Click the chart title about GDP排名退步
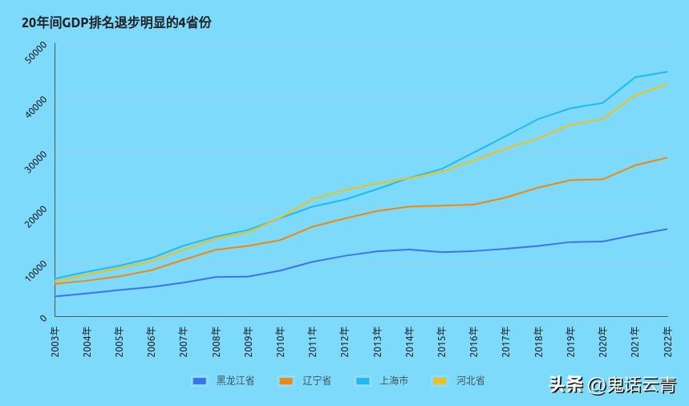[x=116, y=22]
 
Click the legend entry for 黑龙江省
[x=224, y=381]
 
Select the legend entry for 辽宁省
[x=306, y=381]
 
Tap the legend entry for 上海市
[x=383, y=381]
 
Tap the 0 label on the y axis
[x=43, y=319]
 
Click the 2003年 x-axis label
[x=55, y=342]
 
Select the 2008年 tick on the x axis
[x=216, y=342]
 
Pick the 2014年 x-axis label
[x=409, y=342]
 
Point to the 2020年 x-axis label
[x=603, y=342]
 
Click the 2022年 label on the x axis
[x=667, y=342]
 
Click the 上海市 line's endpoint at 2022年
[x=667, y=72]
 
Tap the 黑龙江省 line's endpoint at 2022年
[x=667, y=229]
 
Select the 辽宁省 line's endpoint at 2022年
[x=667, y=157]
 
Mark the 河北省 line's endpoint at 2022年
[x=667, y=84]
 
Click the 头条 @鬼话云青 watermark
[x=613, y=385]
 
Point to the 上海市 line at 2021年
[x=635, y=77]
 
